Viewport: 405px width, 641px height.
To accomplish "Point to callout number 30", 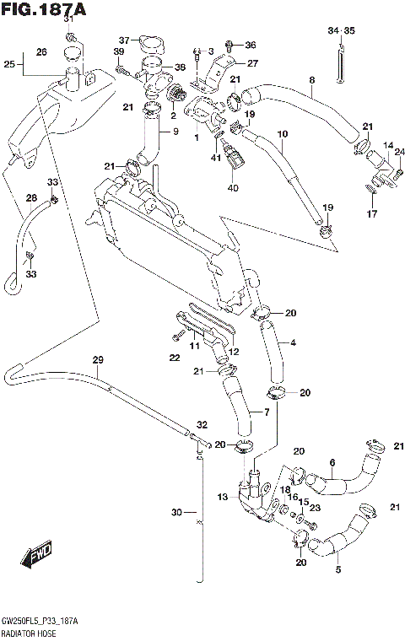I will (176, 512).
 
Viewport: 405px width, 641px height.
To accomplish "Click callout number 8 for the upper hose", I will (311, 80).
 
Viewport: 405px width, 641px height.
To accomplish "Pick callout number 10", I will (282, 133).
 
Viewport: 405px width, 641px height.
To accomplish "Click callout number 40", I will (233, 187).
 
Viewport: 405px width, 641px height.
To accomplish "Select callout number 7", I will (267, 412).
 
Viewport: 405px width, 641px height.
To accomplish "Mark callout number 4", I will (292, 342).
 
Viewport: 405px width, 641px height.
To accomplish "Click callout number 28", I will (32, 198).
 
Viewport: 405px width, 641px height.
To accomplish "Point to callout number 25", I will (8, 63).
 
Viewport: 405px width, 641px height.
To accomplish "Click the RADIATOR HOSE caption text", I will (29, 631).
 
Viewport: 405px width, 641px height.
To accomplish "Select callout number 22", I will (175, 358).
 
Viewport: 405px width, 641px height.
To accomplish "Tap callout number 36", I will (249, 44).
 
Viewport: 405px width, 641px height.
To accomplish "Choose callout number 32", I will (202, 424).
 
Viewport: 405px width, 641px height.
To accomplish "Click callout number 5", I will (337, 569).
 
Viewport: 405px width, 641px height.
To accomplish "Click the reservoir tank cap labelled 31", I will (73, 54).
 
